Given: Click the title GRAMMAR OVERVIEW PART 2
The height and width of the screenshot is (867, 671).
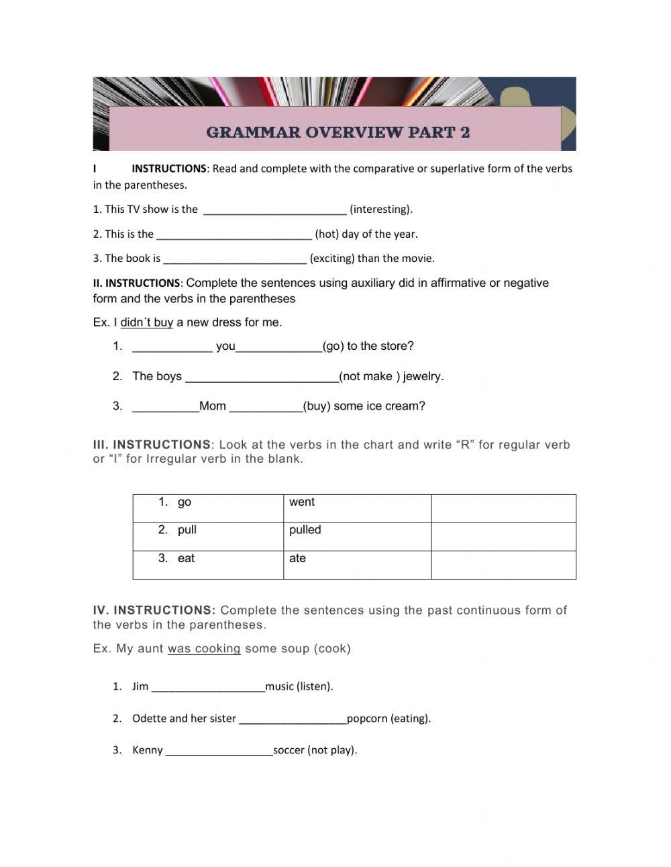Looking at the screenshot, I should [338, 132].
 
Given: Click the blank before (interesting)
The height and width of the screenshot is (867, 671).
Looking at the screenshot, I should [274, 210].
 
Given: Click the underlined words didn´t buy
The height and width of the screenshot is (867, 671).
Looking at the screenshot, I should [146, 322].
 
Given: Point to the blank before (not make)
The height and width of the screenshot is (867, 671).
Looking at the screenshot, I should [262, 377].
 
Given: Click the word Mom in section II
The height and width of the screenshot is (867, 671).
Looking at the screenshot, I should [213, 406].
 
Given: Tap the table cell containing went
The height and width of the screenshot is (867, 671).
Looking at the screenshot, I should [357, 508].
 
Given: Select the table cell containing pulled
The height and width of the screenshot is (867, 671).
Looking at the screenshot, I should [357, 537].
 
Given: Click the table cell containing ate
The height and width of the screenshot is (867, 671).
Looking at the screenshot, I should [357, 565].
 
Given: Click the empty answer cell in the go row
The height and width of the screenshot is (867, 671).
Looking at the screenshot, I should [503, 508].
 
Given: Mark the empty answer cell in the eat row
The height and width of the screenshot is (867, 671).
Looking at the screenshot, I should [503, 565].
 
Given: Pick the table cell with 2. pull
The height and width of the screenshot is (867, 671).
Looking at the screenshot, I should [208, 537].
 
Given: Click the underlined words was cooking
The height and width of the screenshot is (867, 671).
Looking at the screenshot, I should [204, 649].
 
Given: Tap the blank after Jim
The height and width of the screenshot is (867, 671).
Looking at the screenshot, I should [208, 687].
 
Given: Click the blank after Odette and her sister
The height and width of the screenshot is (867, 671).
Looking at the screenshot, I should [293, 719].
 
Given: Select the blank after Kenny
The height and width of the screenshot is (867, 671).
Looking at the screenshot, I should [219, 751].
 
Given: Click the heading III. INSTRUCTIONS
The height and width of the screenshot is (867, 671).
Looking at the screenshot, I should [152, 445].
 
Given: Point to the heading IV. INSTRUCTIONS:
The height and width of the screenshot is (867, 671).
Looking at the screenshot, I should [154, 610].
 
